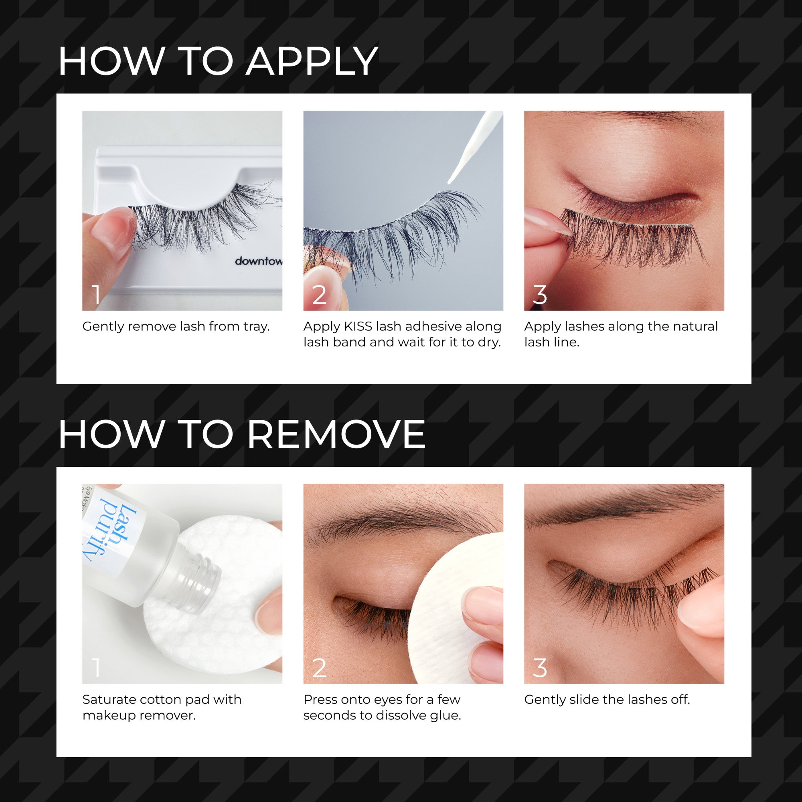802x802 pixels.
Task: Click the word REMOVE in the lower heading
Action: (x=336, y=434)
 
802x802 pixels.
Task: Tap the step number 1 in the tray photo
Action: (x=96, y=295)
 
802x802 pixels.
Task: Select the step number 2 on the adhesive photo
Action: (x=319, y=295)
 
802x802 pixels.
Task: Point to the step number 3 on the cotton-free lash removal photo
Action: (x=540, y=668)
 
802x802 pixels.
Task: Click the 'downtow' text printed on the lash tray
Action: (x=258, y=261)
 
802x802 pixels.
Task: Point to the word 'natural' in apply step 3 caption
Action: (x=698, y=326)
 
